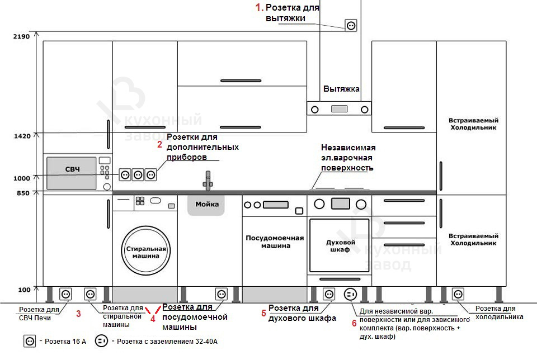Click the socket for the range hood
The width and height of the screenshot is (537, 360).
(x=351, y=25)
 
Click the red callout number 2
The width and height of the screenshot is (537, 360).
(x=159, y=145)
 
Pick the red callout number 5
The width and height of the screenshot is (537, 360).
(x=263, y=313)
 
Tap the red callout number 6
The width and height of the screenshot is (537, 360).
(x=354, y=323)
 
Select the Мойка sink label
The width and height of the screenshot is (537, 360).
(x=206, y=204)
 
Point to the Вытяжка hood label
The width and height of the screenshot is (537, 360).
(x=341, y=89)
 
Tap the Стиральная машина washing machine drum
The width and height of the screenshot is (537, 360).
(x=146, y=252)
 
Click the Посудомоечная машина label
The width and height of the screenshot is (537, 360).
(x=275, y=241)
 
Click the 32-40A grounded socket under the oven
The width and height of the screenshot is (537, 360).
(x=351, y=293)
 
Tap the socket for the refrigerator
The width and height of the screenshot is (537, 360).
(x=458, y=293)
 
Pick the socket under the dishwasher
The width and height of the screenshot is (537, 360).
(x=222, y=293)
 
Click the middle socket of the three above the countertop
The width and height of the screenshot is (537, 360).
(x=138, y=174)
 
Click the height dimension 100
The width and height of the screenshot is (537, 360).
(x=24, y=290)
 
